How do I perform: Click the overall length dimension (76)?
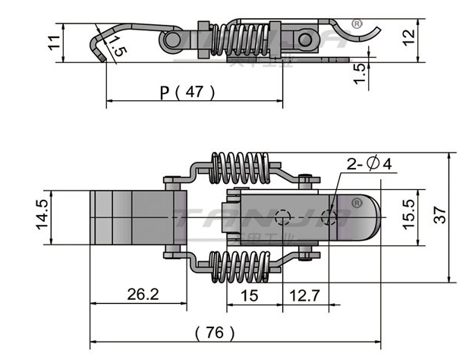[x=215, y=333]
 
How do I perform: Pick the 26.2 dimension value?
[x=138, y=294]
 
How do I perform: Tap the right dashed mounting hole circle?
[x=329, y=216]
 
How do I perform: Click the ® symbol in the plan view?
[x=355, y=204]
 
